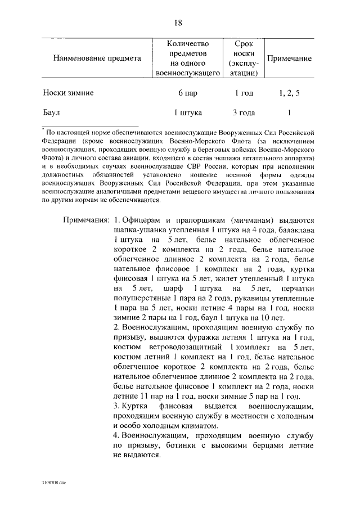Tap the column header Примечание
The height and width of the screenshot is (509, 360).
tap(289, 58)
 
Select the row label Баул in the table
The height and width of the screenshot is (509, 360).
tap(52, 112)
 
